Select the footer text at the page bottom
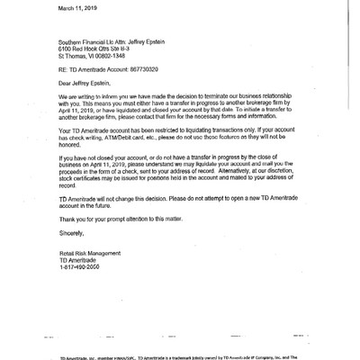[x=180, y=356]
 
